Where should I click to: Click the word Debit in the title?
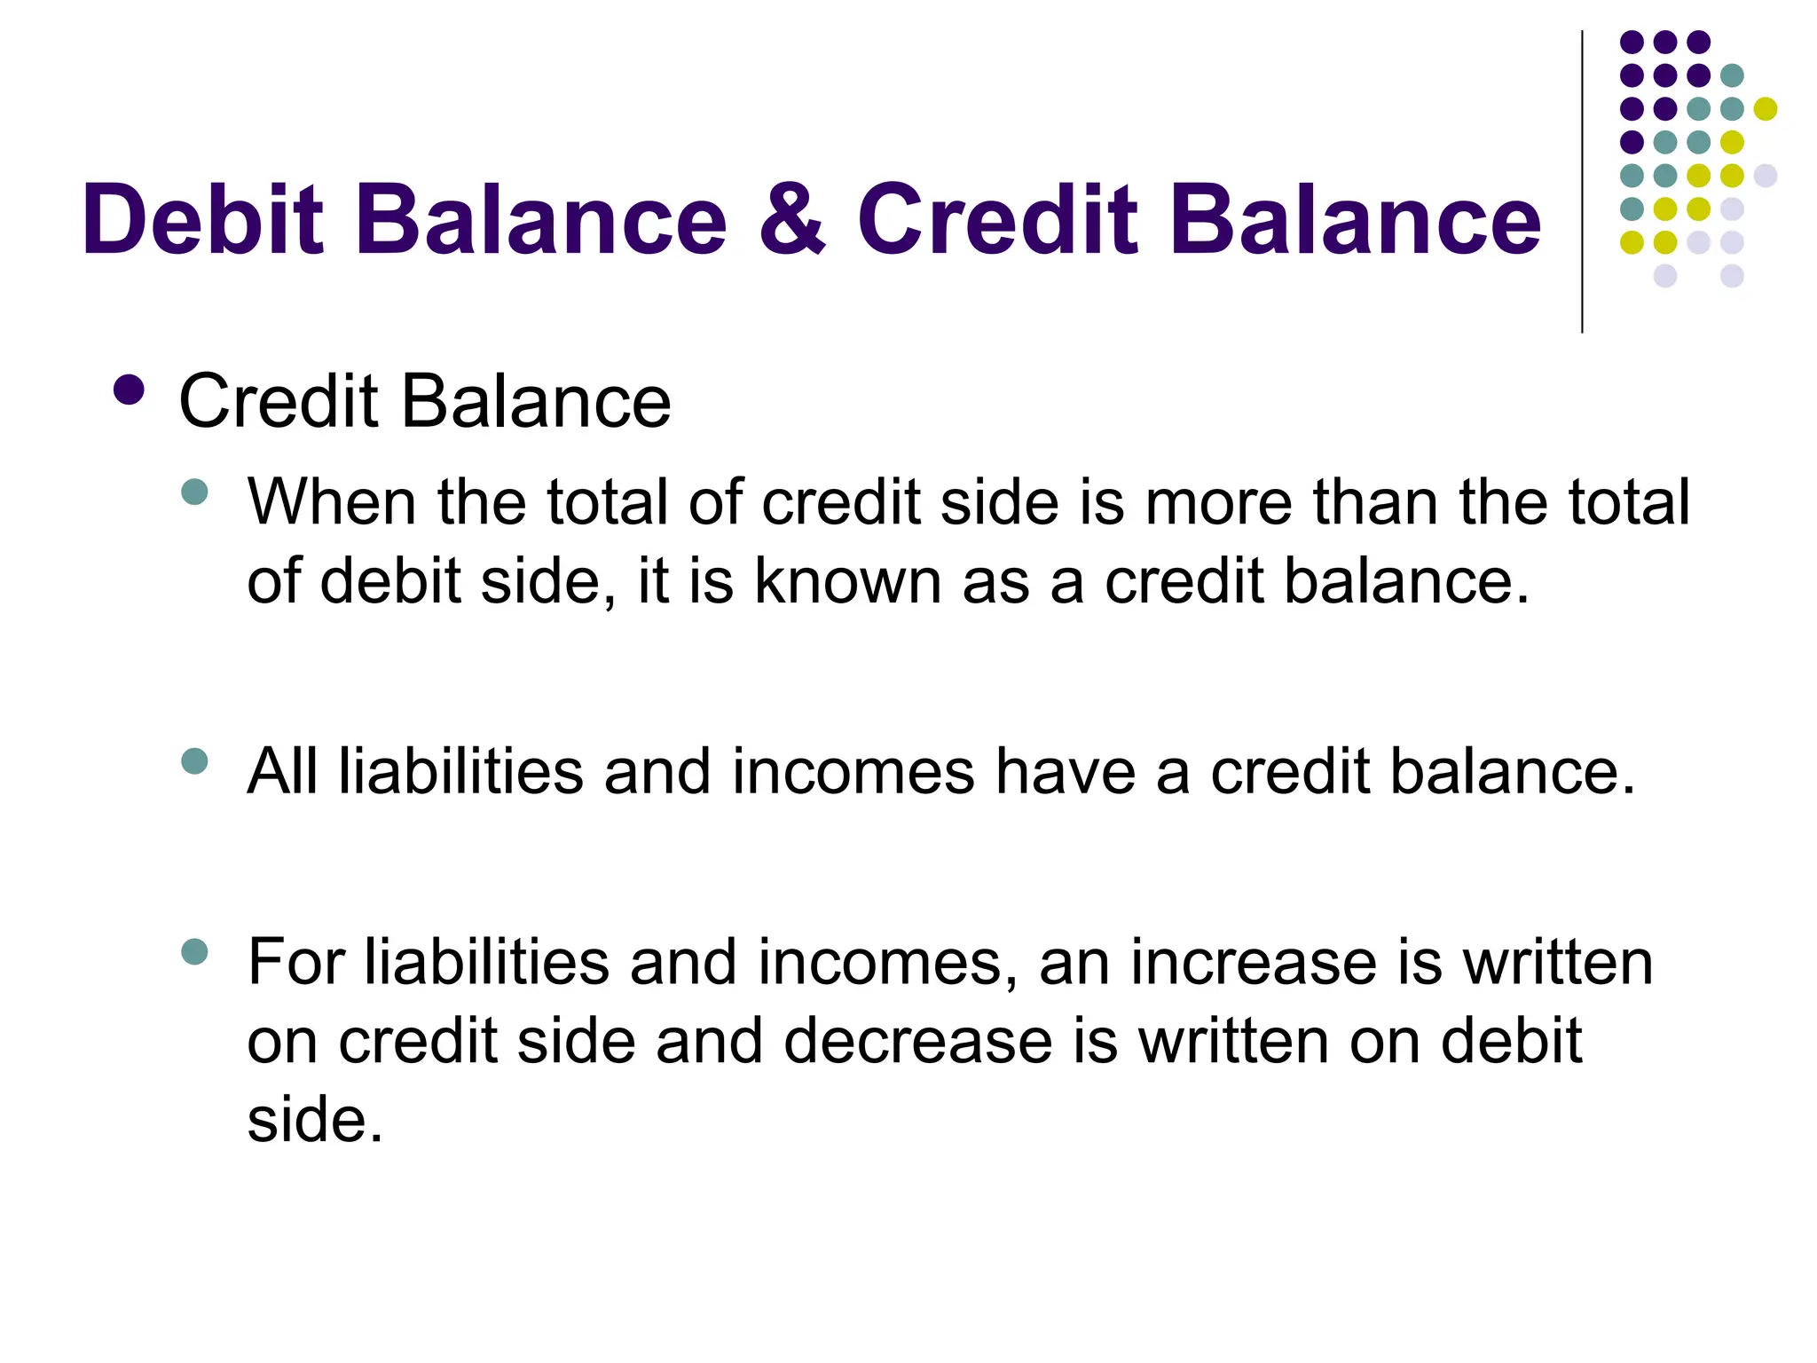[203, 219]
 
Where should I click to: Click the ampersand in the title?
[791, 219]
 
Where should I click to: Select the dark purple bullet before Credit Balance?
[130, 390]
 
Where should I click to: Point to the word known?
[847, 581]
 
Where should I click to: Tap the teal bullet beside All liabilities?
[194, 760]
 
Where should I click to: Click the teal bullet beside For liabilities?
[194, 952]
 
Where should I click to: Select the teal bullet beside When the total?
[194, 492]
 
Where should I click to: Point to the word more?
[1218, 502]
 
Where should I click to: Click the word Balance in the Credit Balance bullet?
[536, 401]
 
